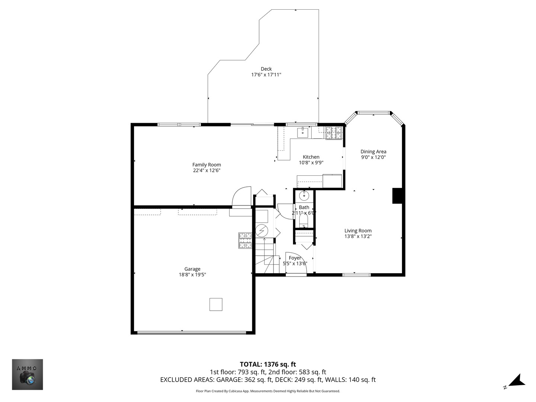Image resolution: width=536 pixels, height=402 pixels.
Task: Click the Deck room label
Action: click(266, 69)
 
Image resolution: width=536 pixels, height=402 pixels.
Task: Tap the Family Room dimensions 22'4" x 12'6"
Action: click(207, 170)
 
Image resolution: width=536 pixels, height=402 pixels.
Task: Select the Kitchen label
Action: click(311, 157)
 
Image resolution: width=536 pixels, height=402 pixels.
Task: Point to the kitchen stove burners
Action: click(334, 133)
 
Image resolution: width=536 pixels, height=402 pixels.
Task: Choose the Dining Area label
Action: click(373, 151)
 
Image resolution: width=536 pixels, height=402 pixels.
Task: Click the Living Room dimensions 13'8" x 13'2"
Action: click(358, 236)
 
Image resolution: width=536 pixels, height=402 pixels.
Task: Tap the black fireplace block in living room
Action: click(397, 196)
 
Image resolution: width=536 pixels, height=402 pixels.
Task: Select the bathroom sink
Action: click(304, 195)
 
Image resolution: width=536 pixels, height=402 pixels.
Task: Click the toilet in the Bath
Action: click(304, 221)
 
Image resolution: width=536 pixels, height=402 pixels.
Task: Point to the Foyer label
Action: click(295, 258)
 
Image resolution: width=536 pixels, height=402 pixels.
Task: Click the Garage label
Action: click(192, 269)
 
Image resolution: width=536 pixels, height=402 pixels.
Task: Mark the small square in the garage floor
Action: click(216, 304)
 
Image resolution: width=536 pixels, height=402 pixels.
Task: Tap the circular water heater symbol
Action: click(262, 231)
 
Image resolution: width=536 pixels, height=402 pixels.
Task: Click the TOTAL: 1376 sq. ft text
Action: click(268, 364)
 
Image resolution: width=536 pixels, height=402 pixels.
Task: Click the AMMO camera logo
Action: click(28, 374)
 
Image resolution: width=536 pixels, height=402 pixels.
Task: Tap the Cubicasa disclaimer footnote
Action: click(268, 391)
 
